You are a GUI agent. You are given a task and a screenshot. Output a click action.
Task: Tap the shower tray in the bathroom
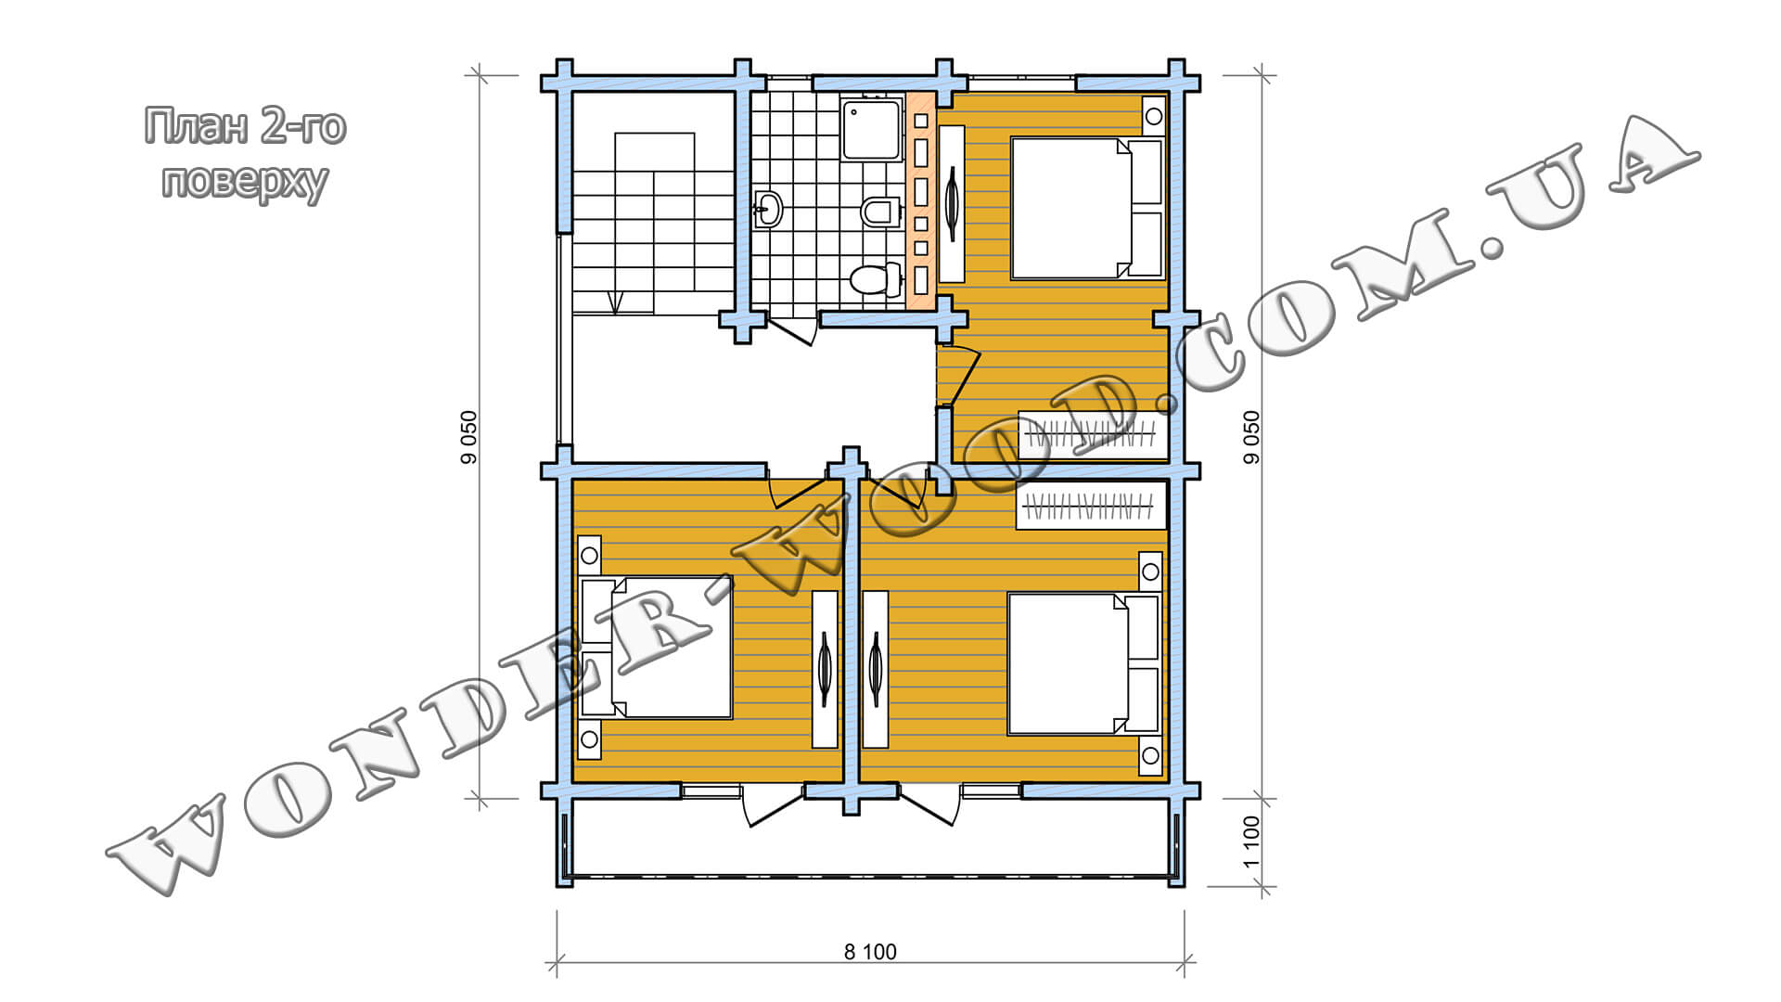pos(872,130)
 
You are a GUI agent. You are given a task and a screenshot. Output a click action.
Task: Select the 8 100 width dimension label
pos(870,951)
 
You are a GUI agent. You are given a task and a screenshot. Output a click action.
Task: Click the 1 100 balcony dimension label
pos(1251,841)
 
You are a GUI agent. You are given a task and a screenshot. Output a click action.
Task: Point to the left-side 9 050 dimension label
pos(468,438)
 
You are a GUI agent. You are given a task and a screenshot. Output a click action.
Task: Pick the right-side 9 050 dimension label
pos(1251,438)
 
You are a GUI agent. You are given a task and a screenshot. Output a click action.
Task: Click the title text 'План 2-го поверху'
pos(245,153)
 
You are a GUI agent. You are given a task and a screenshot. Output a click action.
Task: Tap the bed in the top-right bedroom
pos(1086,208)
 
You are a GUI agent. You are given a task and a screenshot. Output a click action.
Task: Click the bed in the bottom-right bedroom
pos(1083,664)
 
